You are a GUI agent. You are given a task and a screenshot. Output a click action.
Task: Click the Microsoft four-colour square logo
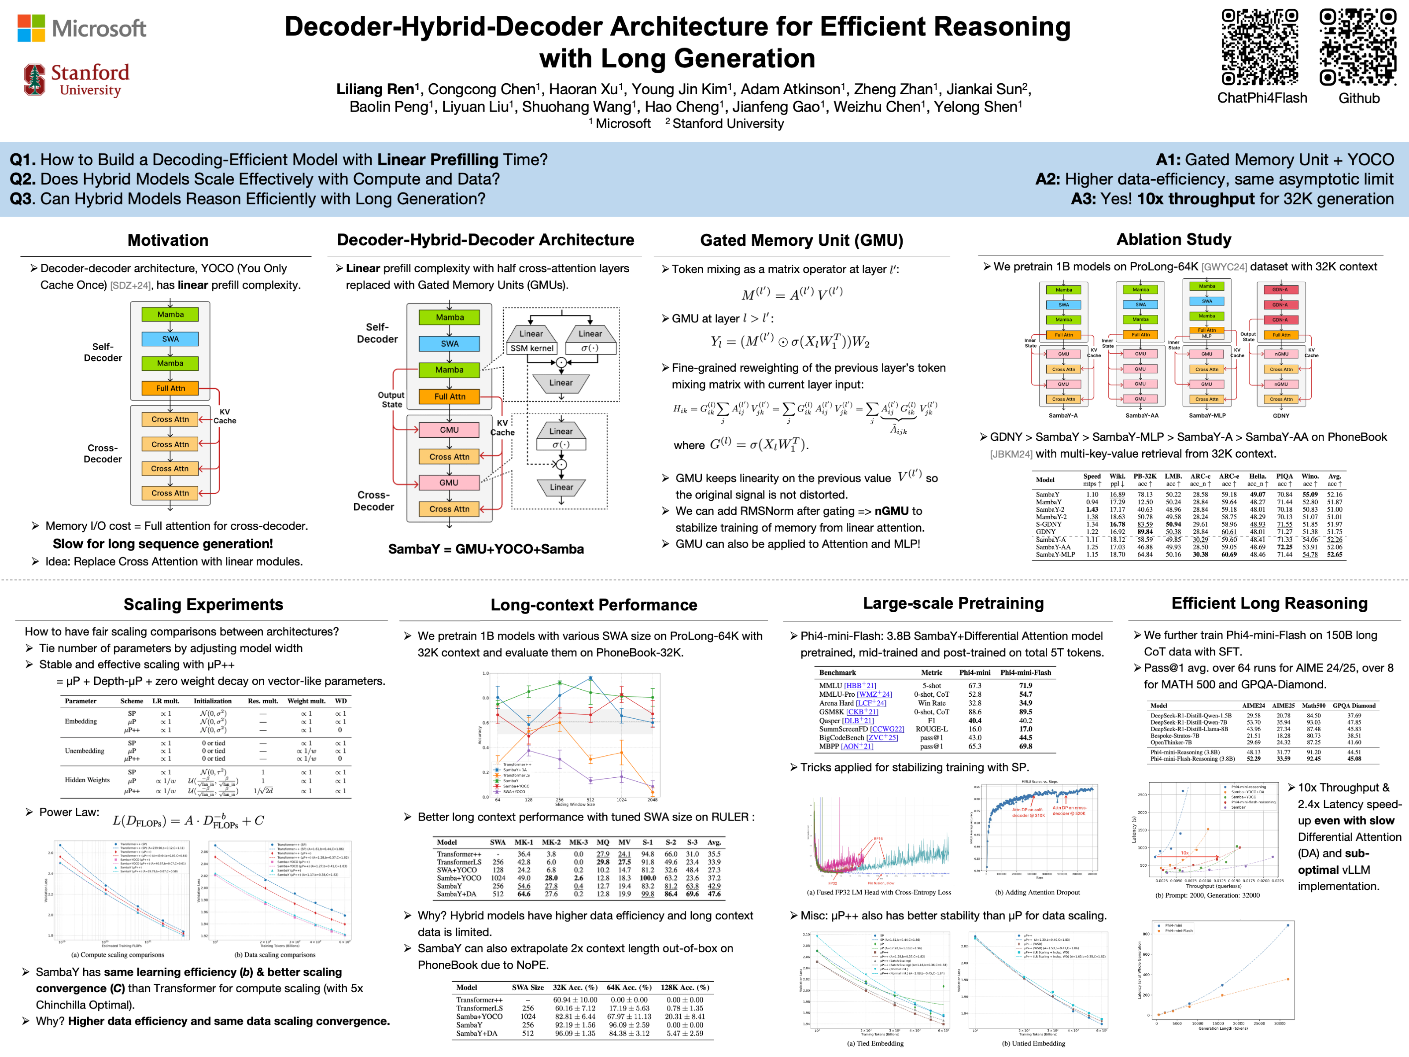(31, 28)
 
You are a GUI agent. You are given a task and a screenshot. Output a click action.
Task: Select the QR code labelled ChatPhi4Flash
(1259, 47)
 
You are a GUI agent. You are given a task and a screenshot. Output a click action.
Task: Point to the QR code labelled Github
(1357, 47)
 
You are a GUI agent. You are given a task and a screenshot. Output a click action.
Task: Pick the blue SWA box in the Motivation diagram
(170, 339)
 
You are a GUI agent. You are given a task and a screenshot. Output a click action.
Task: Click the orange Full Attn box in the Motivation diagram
(170, 388)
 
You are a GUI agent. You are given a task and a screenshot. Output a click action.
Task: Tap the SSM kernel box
(531, 348)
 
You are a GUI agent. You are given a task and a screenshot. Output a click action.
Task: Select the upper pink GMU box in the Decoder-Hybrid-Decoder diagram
(449, 430)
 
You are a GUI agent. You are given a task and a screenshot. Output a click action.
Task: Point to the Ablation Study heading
(1173, 240)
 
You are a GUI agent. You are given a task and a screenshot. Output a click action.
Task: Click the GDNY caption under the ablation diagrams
(1280, 415)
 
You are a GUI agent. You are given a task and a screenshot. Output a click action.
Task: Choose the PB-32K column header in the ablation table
(1145, 477)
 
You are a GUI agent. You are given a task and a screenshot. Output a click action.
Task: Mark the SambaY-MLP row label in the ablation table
(1055, 555)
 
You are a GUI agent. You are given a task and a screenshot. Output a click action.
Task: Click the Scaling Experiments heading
(203, 604)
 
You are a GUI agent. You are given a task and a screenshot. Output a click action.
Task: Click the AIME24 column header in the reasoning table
(1253, 705)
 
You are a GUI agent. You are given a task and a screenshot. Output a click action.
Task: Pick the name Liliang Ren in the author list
(375, 89)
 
